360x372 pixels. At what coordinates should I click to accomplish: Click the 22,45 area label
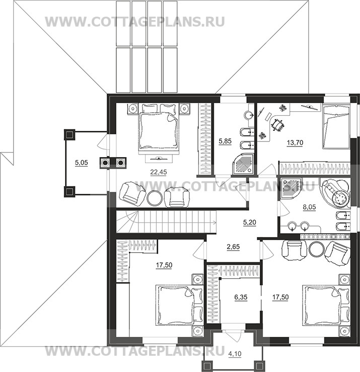click(159, 172)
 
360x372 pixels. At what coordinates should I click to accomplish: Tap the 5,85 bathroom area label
click(225, 141)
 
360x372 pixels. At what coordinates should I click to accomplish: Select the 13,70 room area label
click(295, 143)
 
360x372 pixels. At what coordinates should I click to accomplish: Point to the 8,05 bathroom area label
click(310, 207)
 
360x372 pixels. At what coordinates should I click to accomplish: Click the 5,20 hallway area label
click(250, 222)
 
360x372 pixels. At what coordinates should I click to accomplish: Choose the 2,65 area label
click(233, 247)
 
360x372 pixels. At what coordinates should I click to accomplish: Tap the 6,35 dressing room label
click(241, 297)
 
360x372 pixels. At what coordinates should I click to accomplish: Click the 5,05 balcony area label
click(82, 163)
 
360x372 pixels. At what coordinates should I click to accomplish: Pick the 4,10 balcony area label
click(235, 354)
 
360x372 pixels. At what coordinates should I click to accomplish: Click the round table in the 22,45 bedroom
click(155, 198)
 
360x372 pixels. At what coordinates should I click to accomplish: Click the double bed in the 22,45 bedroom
click(158, 129)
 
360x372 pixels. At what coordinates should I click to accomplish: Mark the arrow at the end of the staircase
click(214, 222)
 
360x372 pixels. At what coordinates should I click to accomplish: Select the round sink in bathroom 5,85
click(249, 115)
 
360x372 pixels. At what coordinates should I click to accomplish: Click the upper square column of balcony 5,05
click(69, 135)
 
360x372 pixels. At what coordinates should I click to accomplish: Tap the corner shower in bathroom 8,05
click(291, 187)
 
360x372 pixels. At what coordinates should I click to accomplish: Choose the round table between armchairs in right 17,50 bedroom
click(317, 249)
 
